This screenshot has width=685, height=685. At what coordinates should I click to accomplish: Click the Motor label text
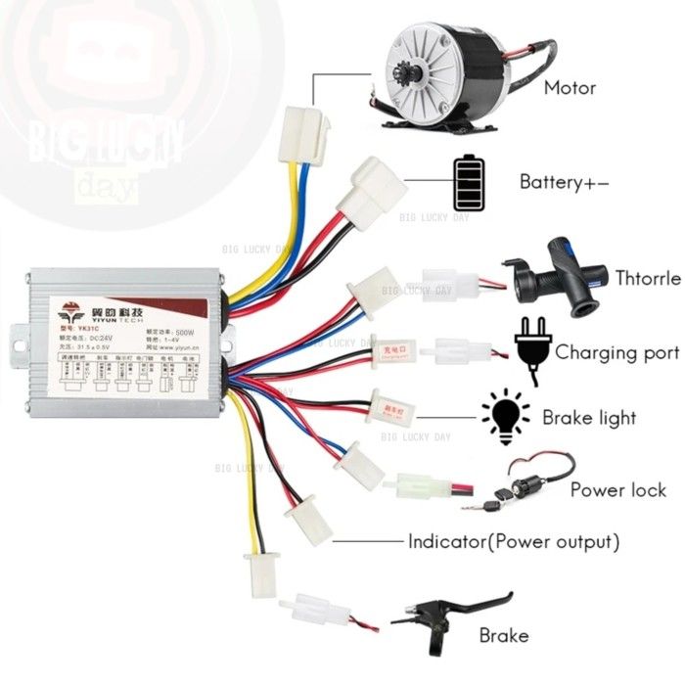571,88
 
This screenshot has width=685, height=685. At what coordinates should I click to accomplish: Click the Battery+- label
565,182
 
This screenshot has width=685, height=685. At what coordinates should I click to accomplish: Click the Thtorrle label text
648,279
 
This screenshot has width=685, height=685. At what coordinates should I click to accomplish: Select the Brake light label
589,418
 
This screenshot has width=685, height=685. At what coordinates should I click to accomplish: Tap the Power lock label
618,489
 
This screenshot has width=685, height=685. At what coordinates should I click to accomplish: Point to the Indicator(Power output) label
514,540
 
